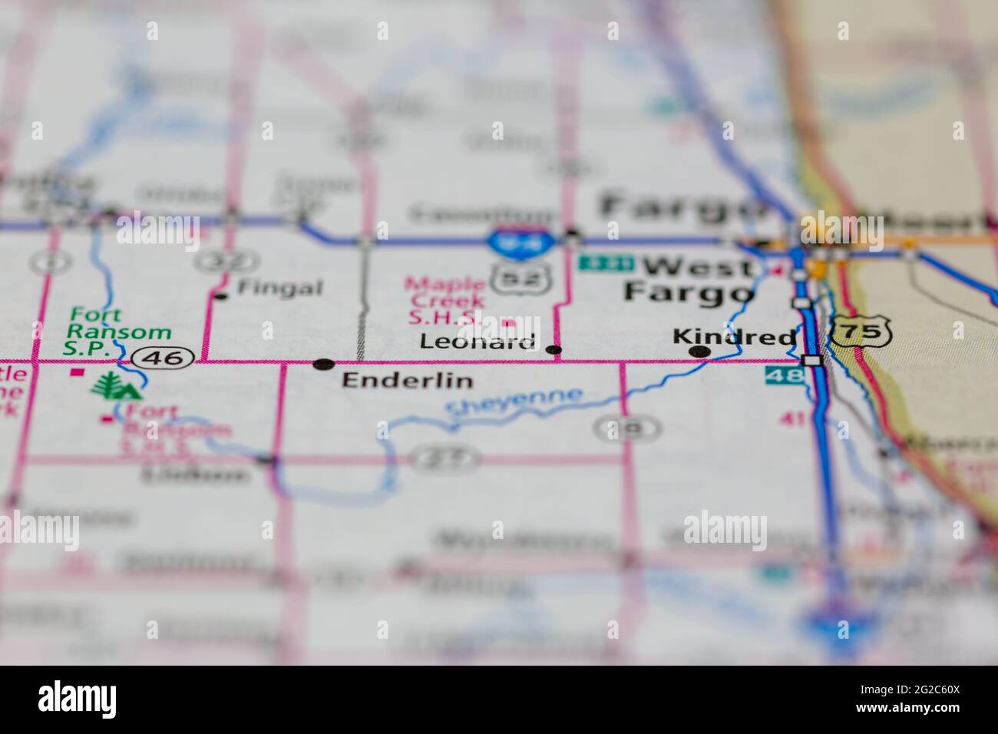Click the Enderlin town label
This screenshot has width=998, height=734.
point(407,380)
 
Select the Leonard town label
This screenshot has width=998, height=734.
point(478,342)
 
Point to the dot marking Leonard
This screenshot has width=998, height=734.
point(554,351)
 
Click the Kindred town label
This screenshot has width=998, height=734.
point(734,336)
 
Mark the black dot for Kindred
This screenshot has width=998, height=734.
point(699,352)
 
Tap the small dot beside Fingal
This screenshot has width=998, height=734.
point(222,296)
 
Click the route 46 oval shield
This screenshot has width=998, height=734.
point(161,357)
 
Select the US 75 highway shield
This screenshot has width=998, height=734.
point(859,332)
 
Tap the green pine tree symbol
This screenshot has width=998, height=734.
point(115,385)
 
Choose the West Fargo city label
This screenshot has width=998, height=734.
point(687,279)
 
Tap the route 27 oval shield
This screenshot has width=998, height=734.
point(445,459)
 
